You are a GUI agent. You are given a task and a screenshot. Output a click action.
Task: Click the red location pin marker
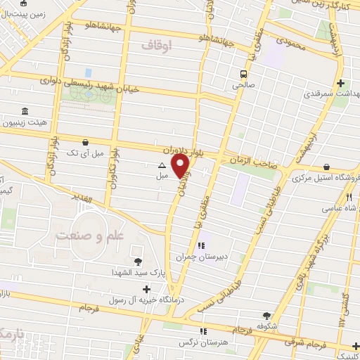coord(181,166)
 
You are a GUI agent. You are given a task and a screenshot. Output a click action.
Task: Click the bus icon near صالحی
coord(243,74)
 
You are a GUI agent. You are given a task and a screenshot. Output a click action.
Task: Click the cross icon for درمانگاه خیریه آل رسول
coord(146,289)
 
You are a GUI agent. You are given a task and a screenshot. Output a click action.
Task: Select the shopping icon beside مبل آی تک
coord(85,141)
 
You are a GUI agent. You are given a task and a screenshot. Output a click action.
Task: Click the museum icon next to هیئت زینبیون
coord(25,112)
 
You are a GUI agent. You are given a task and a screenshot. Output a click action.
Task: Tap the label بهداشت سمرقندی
coord(331,93)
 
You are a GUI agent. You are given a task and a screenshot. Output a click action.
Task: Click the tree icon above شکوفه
coord(266,316)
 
